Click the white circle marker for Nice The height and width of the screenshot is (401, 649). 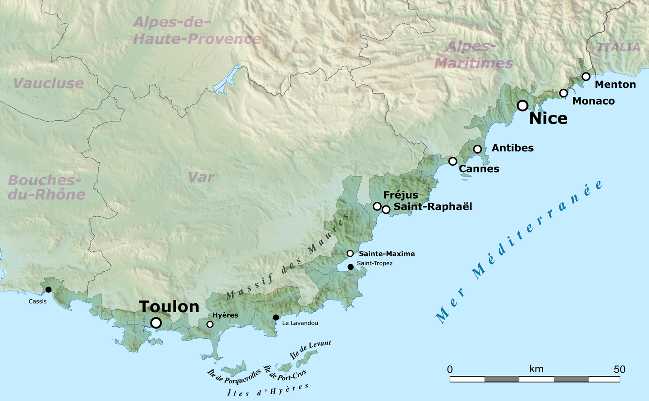tap(522, 105)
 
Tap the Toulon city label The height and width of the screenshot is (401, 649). tap(169, 307)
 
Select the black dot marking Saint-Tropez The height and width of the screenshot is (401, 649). tap(351, 267)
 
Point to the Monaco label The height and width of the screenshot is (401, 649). tap(593, 101)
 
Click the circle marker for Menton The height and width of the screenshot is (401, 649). tap(586, 77)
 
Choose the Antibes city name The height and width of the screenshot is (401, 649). tap(512, 148)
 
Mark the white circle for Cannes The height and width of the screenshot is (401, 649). tap(453, 161)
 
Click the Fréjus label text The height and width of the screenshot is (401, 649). tap(401, 195)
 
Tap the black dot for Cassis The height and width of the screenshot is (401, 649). tap(48, 289)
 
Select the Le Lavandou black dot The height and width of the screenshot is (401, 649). tap(276, 318)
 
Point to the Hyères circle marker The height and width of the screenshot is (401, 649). tap(210, 324)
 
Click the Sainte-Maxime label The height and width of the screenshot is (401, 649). tap(387, 254)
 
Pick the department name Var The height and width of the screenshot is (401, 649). tap(201, 178)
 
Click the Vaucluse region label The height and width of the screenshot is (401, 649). tap(48, 83)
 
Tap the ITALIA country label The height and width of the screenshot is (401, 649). tap(618, 47)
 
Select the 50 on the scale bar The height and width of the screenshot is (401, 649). tap(619, 369)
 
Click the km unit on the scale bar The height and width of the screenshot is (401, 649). tap(536, 369)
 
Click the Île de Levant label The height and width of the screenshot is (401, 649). tap(311, 349)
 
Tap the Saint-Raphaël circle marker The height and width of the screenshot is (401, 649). tap(386, 210)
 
